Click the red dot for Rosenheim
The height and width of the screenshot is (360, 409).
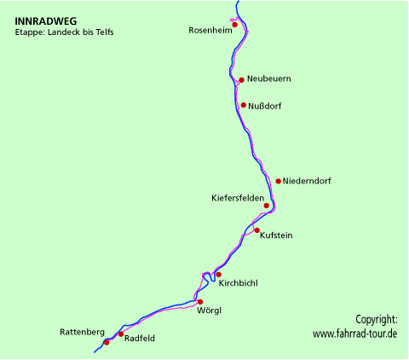(234, 25)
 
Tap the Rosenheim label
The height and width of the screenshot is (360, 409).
(209, 31)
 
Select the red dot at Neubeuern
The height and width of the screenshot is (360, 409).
(242, 80)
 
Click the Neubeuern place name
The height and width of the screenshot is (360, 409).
(268, 79)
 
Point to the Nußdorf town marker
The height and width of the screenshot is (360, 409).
(244, 105)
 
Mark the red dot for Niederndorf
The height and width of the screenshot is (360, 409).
(279, 181)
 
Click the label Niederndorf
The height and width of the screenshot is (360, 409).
(307, 181)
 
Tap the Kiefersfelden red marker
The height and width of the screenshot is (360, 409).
(267, 206)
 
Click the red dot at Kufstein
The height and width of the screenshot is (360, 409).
(256, 230)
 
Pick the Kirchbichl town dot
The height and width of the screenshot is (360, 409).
(218, 275)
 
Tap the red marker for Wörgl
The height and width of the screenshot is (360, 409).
(200, 302)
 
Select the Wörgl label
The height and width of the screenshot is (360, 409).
(209, 311)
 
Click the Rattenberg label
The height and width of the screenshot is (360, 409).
(82, 331)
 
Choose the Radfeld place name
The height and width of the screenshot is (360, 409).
(140, 338)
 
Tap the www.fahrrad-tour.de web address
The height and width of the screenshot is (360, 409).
(354, 334)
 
